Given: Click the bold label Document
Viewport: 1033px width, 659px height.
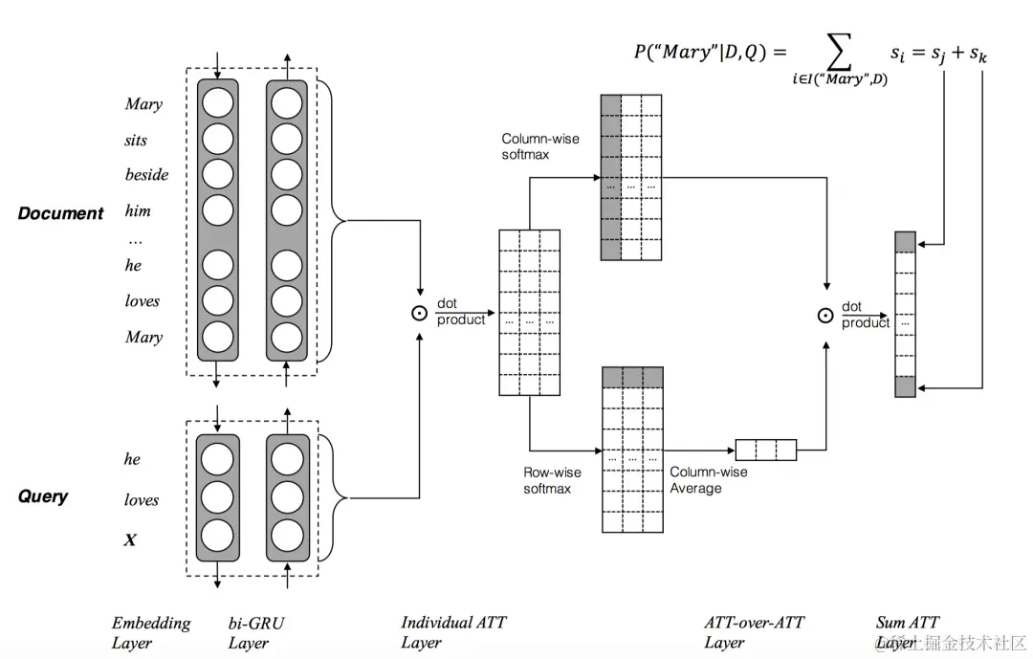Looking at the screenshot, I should tap(60, 213).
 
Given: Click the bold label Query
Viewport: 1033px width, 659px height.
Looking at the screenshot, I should tap(43, 496).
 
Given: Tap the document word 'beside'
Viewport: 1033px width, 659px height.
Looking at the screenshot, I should tap(146, 175).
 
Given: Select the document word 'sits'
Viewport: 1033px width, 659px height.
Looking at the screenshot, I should tap(136, 140).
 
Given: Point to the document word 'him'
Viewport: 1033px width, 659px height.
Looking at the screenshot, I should tap(138, 210).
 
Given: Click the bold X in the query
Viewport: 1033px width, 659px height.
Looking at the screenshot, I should tap(130, 540).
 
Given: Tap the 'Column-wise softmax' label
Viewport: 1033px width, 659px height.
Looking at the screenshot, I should tap(539, 146).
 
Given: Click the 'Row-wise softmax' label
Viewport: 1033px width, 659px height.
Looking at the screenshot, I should tap(552, 480).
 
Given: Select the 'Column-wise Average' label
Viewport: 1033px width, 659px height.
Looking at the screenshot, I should tap(708, 480).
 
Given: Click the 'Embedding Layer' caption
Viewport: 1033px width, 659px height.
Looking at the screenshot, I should tap(151, 632).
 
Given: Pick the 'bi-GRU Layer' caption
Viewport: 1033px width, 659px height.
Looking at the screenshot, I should tap(255, 632).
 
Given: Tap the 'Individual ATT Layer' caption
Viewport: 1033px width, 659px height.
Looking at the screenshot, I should tap(452, 632).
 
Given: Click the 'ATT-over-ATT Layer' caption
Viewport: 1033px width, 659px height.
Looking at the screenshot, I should tap(754, 632).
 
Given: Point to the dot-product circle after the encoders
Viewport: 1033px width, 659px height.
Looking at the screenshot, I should tap(418, 313).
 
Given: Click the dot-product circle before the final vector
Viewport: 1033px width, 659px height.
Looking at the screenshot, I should tap(825, 315).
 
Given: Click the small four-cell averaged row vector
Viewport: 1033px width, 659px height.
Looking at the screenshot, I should tap(765, 450).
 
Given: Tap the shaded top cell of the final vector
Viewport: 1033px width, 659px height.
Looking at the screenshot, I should tap(905, 241).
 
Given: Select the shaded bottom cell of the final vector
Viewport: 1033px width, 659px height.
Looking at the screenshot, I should tap(905, 386).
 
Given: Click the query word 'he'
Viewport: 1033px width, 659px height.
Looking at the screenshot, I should tap(132, 459).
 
